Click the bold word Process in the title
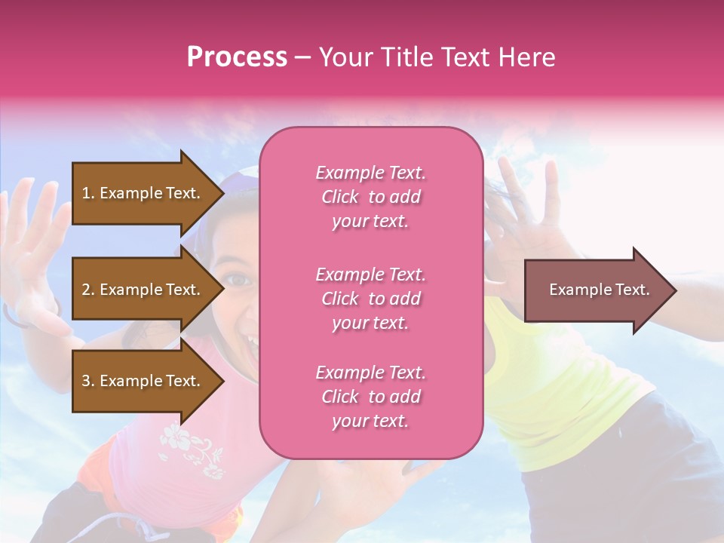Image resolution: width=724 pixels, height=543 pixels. coord(237,57)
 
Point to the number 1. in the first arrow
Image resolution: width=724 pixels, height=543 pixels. coord(88,193)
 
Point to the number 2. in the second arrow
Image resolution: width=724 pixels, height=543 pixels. coord(88,290)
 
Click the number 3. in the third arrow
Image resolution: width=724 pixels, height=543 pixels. coord(88,381)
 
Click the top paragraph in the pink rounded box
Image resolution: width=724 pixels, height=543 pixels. coord(371,197)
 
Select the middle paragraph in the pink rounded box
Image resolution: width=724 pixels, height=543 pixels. coord(371,299)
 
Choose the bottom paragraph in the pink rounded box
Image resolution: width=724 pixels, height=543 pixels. coord(371,397)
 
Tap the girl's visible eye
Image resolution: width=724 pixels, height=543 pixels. coord(240,279)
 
